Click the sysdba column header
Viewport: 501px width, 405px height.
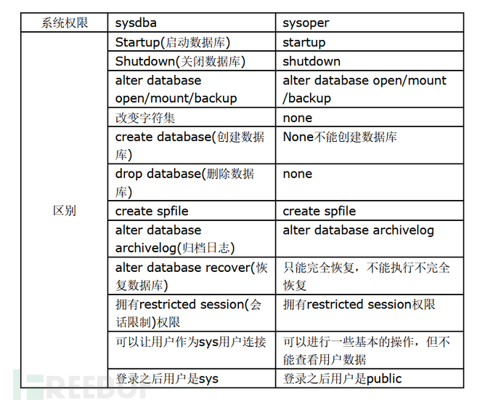click(x=136, y=23)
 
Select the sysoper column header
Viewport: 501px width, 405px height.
click(x=306, y=23)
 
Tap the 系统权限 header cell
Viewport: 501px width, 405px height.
click(x=64, y=23)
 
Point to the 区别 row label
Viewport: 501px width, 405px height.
click(x=64, y=210)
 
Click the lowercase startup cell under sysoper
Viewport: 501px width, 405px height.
click(x=304, y=43)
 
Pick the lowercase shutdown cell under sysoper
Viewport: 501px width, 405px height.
click(x=311, y=61)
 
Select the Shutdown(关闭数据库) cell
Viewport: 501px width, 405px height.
click(x=180, y=61)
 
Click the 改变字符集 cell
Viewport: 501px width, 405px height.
click(x=145, y=118)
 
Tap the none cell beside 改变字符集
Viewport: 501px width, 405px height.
click(x=298, y=118)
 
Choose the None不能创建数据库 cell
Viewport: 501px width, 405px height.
click(x=340, y=137)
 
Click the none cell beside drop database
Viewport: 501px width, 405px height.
click(x=298, y=174)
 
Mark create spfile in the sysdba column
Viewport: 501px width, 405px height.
click(x=152, y=211)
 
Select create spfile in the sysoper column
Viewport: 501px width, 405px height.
click(x=319, y=211)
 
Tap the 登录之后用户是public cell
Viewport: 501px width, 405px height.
click(x=342, y=379)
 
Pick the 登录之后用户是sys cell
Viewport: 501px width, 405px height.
click(x=167, y=379)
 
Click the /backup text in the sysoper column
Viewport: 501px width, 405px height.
click(x=306, y=98)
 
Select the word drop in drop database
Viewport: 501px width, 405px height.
click(x=129, y=174)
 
